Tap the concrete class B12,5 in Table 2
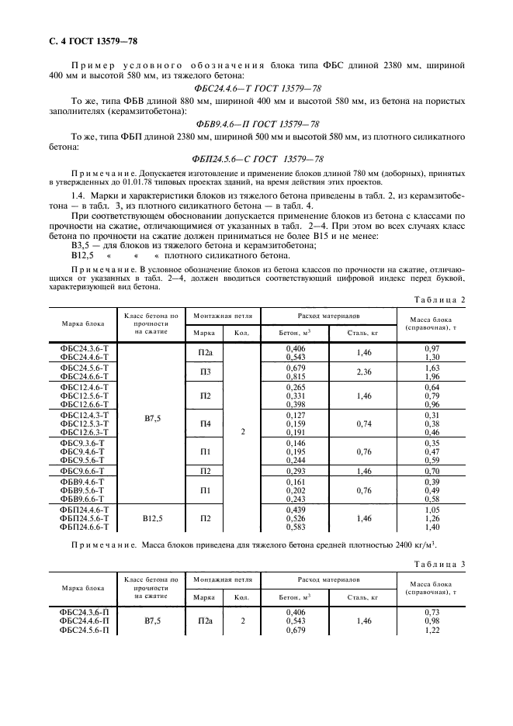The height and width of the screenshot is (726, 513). coord(152,518)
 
